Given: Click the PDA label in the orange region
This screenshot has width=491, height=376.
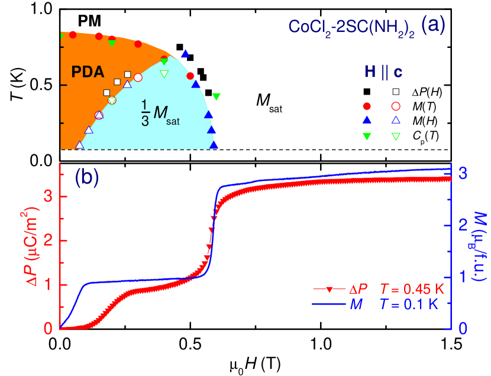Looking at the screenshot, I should point(88,72).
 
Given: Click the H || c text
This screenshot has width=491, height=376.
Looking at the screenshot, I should point(383,72).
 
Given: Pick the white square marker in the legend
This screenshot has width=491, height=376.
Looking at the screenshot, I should point(396,92).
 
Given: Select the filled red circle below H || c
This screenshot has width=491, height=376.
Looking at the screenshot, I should point(367,106).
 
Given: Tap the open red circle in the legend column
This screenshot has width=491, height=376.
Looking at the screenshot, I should point(396,106).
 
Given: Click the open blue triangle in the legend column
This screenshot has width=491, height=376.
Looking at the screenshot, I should point(396,121).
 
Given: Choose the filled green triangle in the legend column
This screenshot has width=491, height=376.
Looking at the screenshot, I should point(367,136).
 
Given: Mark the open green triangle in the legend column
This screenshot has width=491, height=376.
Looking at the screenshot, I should point(396,136).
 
